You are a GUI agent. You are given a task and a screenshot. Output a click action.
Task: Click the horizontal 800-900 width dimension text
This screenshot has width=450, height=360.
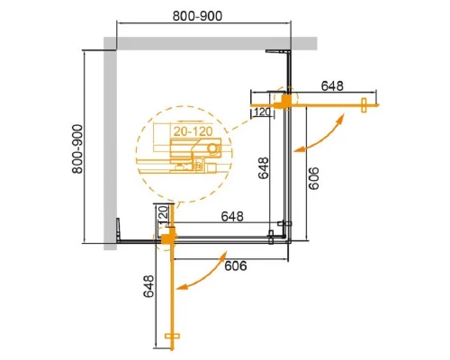(201, 16)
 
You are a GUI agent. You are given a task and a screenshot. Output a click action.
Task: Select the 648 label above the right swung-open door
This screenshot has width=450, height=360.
(332, 86)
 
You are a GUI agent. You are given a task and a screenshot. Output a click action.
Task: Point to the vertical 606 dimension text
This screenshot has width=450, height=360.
(313, 174)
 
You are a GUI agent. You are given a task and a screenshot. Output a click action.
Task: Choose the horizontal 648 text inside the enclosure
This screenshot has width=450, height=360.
(234, 217)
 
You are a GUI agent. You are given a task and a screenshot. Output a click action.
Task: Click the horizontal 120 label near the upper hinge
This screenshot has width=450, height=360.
(263, 112)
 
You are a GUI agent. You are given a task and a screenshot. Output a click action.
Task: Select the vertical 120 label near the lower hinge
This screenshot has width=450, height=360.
(163, 215)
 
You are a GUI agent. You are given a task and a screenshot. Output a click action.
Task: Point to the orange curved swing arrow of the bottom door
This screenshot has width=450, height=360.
(202, 273)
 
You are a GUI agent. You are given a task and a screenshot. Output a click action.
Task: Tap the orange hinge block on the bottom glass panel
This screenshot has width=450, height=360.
(167, 238)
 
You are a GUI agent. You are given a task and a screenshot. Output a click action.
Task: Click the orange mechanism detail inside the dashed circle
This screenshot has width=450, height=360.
(185, 163)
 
